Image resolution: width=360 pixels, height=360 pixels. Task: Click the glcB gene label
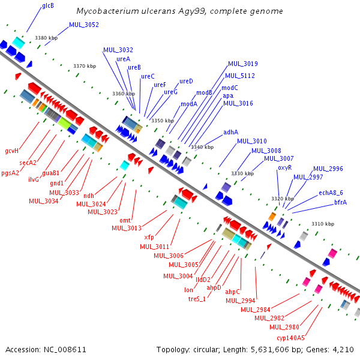click(x=48, y=5)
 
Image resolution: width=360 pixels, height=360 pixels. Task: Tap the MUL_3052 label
click(x=84, y=25)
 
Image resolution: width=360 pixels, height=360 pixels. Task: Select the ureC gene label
click(x=148, y=76)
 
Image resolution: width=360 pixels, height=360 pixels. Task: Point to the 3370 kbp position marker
click(x=85, y=66)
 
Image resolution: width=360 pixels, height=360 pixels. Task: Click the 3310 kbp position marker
click(x=323, y=224)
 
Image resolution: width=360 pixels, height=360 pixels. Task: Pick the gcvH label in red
click(x=12, y=151)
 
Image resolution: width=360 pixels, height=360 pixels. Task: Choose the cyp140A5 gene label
click(x=290, y=338)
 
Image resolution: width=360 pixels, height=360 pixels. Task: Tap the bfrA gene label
click(x=340, y=202)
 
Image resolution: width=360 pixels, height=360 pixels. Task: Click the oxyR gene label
click(x=284, y=168)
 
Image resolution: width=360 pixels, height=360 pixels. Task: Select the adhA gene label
click(x=231, y=132)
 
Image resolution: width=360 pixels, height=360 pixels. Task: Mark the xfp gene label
click(x=149, y=238)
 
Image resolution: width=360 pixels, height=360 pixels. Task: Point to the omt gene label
click(x=125, y=220)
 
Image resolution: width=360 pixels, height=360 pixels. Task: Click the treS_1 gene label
click(x=197, y=299)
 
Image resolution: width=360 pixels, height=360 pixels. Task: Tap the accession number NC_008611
click(x=65, y=350)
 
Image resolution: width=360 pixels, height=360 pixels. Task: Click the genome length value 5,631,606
click(x=270, y=350)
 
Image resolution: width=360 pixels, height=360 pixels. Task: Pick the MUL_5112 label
click(x=240, y=76)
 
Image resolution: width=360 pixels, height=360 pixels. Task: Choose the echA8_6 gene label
click(x=331, y=193)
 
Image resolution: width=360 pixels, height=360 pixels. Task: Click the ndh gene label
click(x=89, y=196)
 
